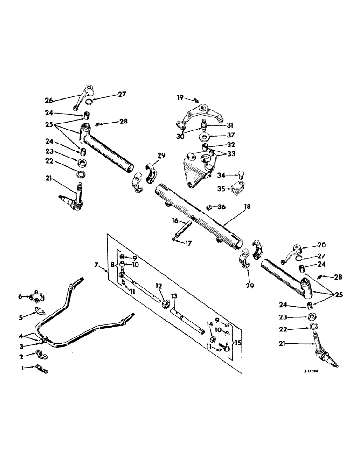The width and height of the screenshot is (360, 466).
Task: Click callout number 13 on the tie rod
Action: coord(173,296)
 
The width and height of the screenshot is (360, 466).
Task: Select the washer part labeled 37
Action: coord(203,138)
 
